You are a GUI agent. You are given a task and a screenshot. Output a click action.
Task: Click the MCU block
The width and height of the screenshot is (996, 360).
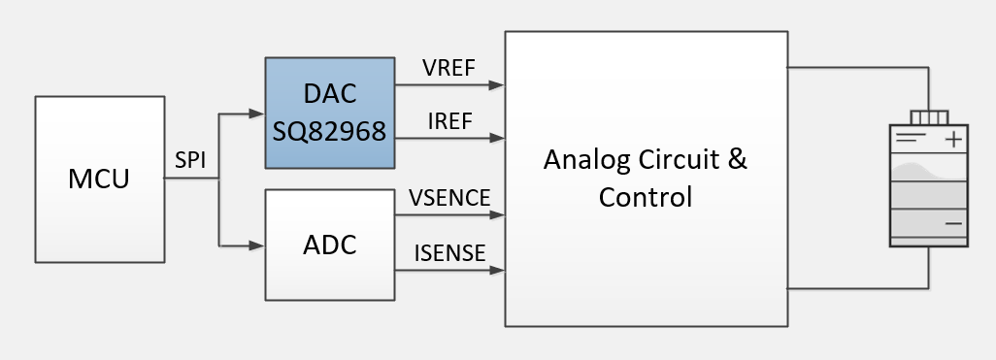(x=99, y=180)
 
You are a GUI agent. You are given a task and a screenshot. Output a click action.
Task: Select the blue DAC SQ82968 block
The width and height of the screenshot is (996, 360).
(x=330, y=112)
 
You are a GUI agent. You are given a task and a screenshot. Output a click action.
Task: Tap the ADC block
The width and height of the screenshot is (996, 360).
(x=330, y=245)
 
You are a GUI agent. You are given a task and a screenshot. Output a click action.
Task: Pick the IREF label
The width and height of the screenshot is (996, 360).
(x=448, y=122)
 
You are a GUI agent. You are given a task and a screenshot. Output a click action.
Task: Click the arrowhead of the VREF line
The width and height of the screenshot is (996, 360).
(x=497, y=85)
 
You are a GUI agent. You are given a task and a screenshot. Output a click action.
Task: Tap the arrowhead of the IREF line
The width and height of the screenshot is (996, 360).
(x=497, y=139)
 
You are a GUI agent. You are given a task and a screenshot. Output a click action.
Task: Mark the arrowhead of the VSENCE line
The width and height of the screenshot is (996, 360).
(x=497, y=214)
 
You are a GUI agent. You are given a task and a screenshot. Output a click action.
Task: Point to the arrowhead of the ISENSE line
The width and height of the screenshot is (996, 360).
(x=497, y=269)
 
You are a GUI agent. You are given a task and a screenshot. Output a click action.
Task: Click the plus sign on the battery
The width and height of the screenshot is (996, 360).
(x=954, y=140)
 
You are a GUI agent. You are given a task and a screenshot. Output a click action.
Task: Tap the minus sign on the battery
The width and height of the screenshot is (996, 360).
(x=953, y=223)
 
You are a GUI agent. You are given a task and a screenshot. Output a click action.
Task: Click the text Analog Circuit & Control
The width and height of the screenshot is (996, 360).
(x=646, y=178)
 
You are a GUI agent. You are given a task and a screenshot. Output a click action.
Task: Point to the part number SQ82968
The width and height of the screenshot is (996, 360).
(x=330, y=128)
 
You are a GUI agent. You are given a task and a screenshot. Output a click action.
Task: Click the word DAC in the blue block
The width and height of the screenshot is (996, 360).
(x=330, y=94)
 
